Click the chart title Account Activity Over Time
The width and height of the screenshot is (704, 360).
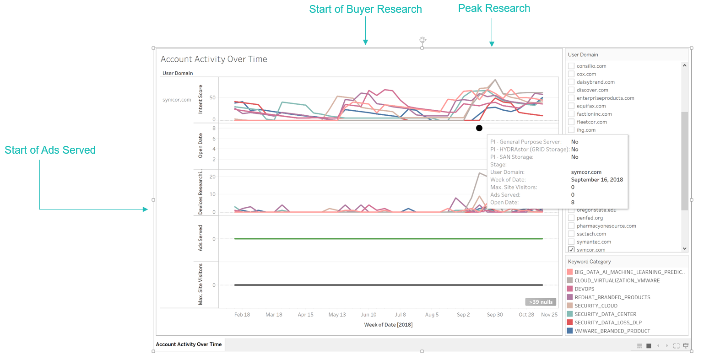(x=214, y=59)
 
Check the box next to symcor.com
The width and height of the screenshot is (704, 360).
(x=571, y=249)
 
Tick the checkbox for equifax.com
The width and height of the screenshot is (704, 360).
(x=571, y=106)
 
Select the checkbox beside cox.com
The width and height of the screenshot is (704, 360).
(x=571, y=74)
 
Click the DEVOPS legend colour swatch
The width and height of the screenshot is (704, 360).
(x=570, y=289)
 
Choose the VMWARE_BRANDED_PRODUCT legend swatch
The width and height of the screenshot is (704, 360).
(x=570, y=331)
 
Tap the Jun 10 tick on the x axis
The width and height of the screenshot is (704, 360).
(x=368, y=315)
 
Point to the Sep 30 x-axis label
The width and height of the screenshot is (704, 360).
(x=495, y=315)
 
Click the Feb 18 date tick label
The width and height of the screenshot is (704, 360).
(x=242, y=315)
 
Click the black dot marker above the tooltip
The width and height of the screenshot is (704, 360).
(x=479, y=128)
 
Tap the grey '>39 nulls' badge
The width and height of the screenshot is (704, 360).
(x=541, y=302)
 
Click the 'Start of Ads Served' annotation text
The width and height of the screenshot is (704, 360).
(x=50, y=150)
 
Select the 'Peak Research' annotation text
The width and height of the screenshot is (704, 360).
(x=494, y=9)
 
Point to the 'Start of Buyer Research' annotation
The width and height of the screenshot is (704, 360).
(x=365, y=9)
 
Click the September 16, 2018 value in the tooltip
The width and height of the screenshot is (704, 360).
(x=597, y=180)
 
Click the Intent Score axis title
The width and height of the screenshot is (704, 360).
(x=200, y=99)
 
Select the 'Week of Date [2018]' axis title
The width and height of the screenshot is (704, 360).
(x=388, y=325)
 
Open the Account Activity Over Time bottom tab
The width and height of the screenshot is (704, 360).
(x=189, y=344)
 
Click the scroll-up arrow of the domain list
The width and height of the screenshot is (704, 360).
(x=684, y=65)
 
